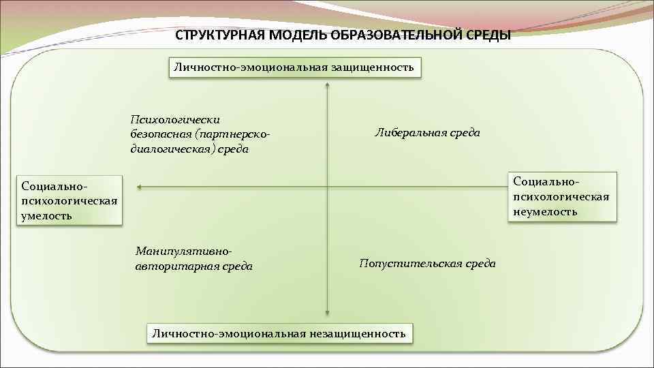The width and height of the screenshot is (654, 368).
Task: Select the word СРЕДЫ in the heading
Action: click(x=488, y=35)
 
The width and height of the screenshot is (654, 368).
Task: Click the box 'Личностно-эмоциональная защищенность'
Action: click(x=294, y=67)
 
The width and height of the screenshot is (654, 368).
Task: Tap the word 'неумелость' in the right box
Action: click(x=545, y=211)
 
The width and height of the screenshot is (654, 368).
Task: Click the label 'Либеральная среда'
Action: click(x=427, y=133)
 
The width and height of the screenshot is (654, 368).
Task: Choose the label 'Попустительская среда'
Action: click(x=427, y=263)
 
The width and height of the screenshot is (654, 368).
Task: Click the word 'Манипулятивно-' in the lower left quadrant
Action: click(x=179, y=251)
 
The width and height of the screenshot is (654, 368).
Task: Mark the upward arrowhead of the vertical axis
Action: click(x=328, y=86)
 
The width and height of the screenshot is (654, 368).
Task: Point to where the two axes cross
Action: click(x=328, y=186)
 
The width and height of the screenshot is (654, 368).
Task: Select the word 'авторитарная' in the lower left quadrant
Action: click(x=170, y=266)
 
